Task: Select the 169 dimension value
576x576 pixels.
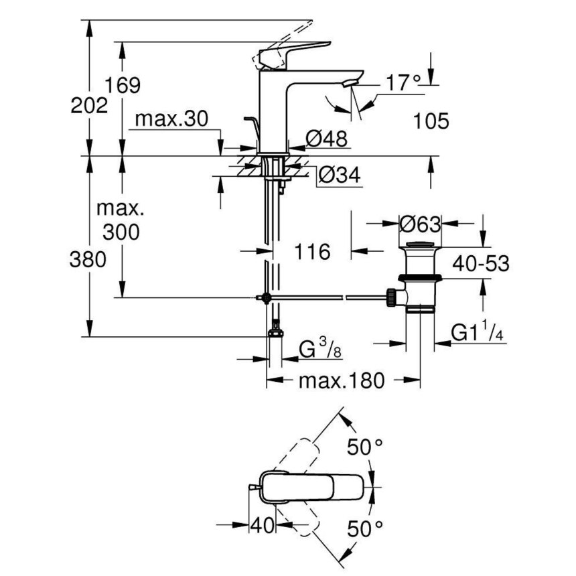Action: pos(123,86)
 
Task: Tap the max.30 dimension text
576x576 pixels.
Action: pos(171,120)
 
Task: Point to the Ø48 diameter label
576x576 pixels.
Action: pos(327,139)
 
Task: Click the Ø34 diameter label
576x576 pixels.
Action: pos(338,175)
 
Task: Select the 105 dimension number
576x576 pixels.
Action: pos(430,121)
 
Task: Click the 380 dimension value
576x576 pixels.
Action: pos(88,260)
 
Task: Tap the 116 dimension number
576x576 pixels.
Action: pos(312,253)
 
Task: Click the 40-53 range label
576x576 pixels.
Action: pos(479,263)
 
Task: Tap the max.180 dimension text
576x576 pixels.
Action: pos(342,381)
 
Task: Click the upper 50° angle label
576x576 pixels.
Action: pos(364,447)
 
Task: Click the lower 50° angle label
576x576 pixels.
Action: pos(364,529)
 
